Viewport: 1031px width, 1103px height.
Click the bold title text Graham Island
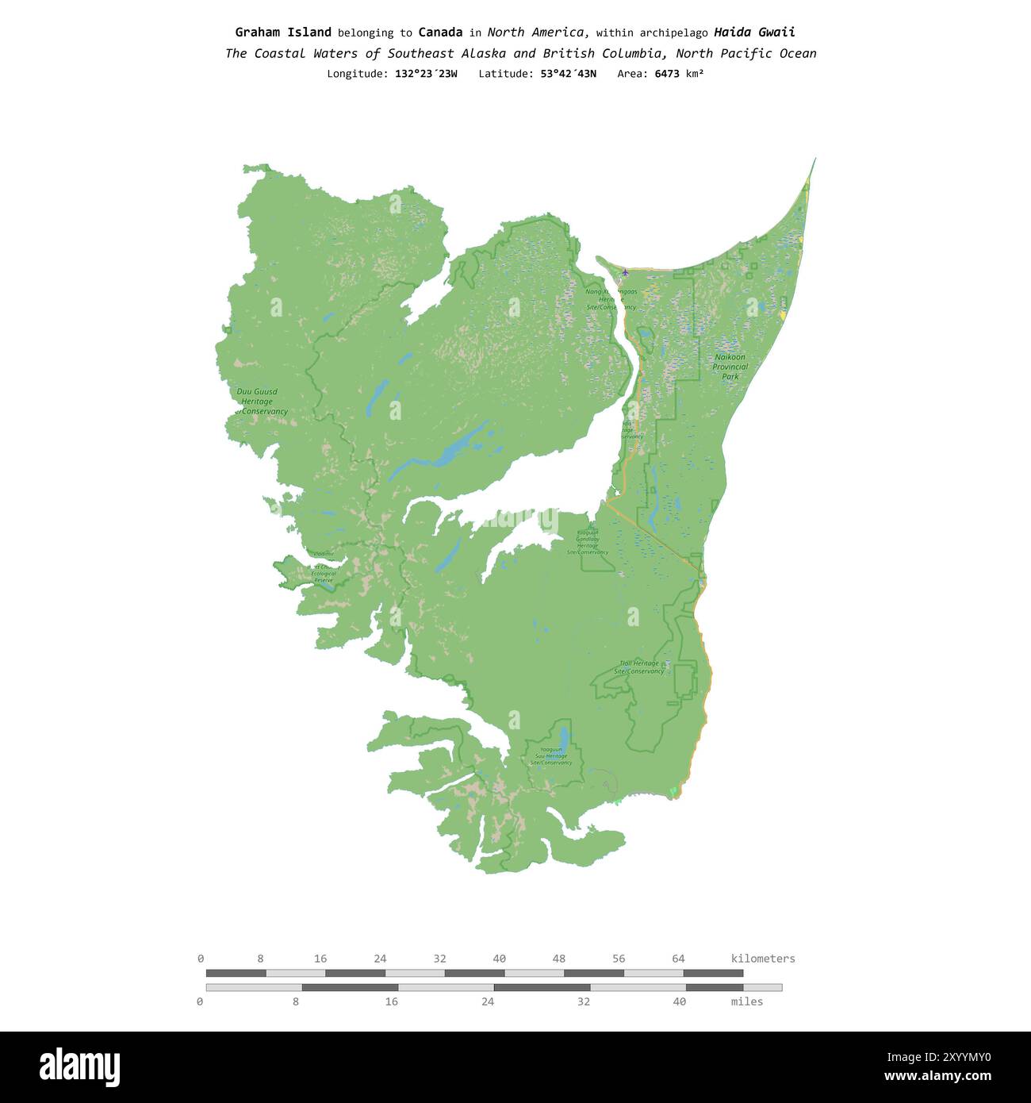[x=283, y=33]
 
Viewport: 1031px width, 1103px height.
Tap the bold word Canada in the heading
[x=440, y=33]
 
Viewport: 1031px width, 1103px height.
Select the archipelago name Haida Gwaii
[x=754, y=33]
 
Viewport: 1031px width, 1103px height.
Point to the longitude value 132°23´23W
[x=426, y=74]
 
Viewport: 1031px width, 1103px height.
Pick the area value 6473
[x=666, y=74]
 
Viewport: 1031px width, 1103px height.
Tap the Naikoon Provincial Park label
[x=730, y=367]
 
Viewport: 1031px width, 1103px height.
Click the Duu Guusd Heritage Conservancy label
[x=259, y=402]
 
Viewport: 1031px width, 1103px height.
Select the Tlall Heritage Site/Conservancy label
[x=639, y=667]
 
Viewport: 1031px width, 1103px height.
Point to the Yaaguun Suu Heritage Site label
[x=551, y=756]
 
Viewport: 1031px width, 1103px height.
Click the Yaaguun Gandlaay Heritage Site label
[x=588, y=543]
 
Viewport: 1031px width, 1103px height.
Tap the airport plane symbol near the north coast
[x=625, y=273]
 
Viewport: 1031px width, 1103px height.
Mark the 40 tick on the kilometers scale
[x=499, y=959]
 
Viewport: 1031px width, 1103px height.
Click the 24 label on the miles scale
[x=487, y=1001]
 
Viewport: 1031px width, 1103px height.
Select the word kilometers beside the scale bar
[x=762, y=959]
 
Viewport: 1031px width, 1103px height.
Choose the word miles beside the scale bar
[x=746, y=1001]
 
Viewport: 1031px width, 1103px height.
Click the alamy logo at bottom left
[x=79, y=1067]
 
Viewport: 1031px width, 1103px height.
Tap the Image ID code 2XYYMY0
[x=939, y=1057]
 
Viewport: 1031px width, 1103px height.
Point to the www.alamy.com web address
[x=937, y=1077]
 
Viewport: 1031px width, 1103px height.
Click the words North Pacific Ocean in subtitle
[x=745, y=54]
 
